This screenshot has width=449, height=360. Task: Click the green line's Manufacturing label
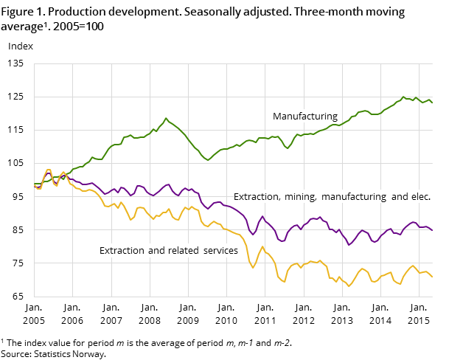304,117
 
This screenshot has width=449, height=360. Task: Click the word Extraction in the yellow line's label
122,251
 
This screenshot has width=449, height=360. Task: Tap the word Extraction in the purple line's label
256,197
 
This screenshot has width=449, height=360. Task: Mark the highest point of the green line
403,97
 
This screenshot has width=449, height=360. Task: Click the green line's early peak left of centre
165,118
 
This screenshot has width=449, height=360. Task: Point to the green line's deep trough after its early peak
208,160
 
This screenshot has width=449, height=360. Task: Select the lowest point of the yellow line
349,285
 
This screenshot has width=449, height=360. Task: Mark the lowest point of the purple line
349,244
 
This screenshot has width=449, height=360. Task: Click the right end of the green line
432,103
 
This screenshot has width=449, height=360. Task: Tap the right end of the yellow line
432,277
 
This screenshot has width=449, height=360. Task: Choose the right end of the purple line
432,231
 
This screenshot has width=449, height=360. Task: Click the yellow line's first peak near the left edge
49,170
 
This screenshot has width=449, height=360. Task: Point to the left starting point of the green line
35,184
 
